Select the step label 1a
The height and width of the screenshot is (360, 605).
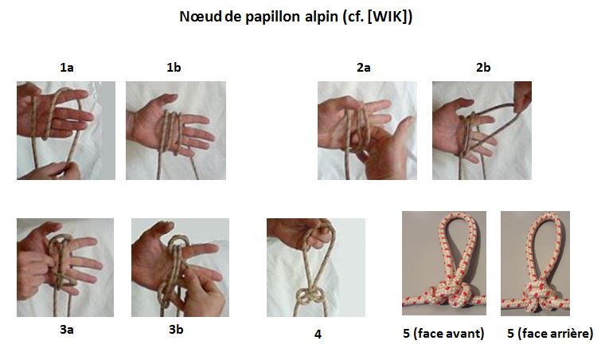pos(67,68)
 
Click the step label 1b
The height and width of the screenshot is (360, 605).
pos(174,68)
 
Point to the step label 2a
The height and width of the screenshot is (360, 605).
pos(363,68)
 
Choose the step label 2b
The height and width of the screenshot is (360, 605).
pos(482,68)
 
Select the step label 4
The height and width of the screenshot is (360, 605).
pos(318,335)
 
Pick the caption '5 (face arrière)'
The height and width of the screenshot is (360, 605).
pos(549,334)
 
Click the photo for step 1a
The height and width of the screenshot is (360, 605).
pos(65,130)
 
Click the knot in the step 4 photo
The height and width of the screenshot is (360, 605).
pos(310,296)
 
